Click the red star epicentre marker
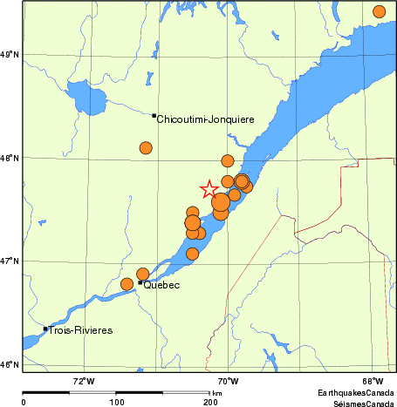209,189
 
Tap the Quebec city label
161,285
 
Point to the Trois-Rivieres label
81,330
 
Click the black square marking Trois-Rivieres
45,329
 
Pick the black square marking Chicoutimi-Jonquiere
154,115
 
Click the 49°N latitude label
10,55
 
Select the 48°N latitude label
10,158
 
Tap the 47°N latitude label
10,261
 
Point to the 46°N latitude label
10,364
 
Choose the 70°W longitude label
229,380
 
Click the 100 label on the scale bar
116,402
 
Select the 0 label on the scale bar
24,402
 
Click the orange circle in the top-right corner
379,11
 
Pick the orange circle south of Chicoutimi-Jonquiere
146,148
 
